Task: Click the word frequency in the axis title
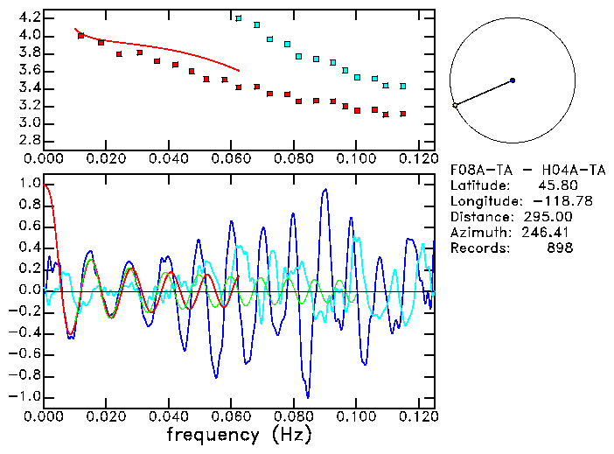pyautogui.click(x=213, y=434)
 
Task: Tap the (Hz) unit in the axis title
pyautogui.click(x=289, y=434)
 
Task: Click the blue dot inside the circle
pyautogui.click(x=513, y=80)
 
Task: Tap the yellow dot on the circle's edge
pyautogui.click(x=455, y=105)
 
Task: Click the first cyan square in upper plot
pyautogui.click(x=239, y=18)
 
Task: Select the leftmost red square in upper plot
pyautogui.click(x=81, y=36)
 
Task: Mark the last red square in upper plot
pyautogui.click(x=403, y=114)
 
